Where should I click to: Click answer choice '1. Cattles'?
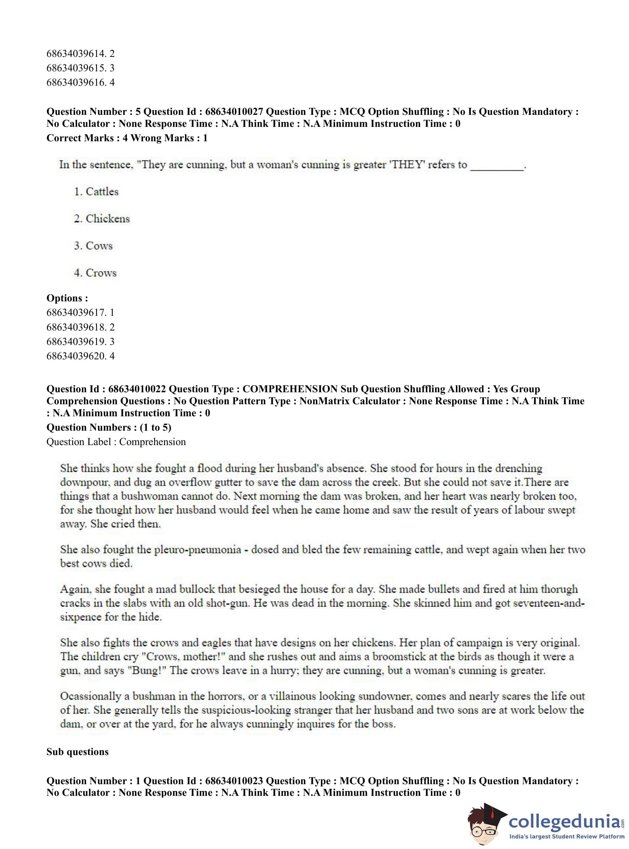click(x=96, y=191)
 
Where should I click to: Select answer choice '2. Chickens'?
click(x=102, y=218)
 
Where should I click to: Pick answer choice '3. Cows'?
click(x=93, y=246)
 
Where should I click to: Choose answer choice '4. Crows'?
click(x=95, y=273)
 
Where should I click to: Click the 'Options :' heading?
click(x=67, y=298)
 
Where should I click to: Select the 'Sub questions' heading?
click(x=77, y=752)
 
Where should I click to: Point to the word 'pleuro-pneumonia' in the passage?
click(x=198, y=550)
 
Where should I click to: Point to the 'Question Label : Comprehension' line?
click(x=116, y=442)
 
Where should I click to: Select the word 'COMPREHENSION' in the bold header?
click(x=290, y=389)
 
